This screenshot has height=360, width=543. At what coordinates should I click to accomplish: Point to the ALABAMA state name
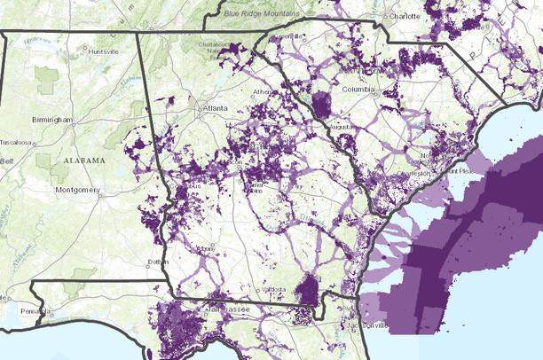click(x=84, y=160)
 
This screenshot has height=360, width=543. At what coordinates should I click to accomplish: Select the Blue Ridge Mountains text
click(x=262, y=13)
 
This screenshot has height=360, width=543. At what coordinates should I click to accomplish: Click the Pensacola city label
click(x=34, y=313)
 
